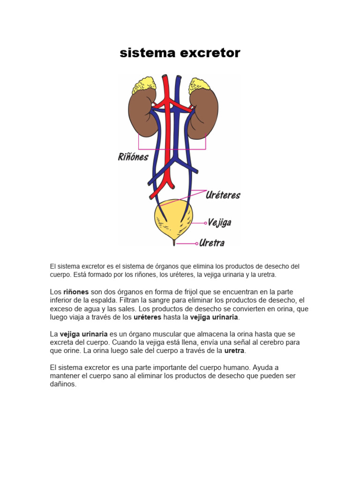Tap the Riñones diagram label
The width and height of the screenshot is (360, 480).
[133, 157]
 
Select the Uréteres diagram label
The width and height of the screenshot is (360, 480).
[223, 195]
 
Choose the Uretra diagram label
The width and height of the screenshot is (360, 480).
[212, 243]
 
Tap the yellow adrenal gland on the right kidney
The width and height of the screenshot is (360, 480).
[201, 86]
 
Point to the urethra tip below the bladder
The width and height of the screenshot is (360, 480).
[174, 243]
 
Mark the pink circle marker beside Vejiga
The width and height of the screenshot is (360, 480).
[205, 223]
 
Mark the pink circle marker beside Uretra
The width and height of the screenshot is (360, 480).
[197, 243]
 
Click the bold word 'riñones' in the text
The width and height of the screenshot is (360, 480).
[76, 292]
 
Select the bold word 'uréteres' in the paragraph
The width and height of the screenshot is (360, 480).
[147, 317]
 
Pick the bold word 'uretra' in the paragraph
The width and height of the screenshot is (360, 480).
[234, 351]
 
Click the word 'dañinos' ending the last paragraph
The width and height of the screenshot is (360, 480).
[63, 384]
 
